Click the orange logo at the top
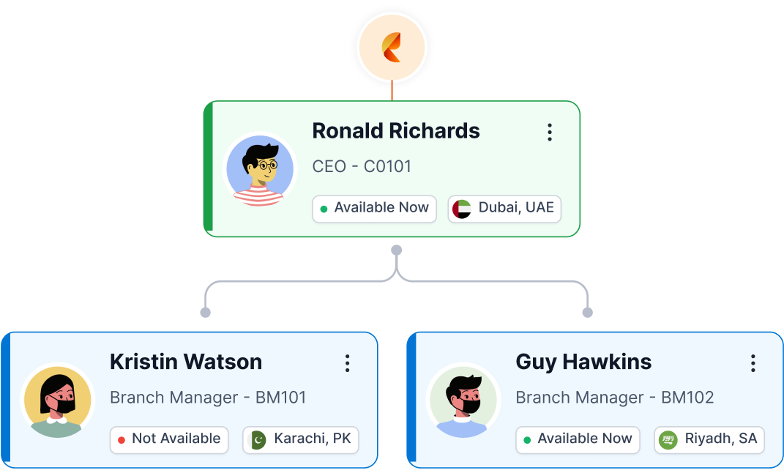[x=392, y=47]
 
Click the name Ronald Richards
[x=396, y=131]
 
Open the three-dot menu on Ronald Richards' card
[x=549, y=133]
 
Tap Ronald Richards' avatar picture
[x=260, y=170]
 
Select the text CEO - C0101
[x=362, y=167]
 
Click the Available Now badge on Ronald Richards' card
[x=374, y=209]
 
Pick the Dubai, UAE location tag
[x=504, y=209]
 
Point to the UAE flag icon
[x=462, y=209]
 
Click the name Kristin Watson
[x=186, y=362]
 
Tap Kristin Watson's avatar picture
[x=57, y=401]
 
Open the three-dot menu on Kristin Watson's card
[x=347, y=363]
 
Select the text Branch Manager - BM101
[x=208, y=398]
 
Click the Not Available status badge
[x=168, y=439]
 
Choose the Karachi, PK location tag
[x=301, y=439]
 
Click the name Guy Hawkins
[x=583, y=362]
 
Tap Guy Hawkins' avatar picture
[x=463, y=401]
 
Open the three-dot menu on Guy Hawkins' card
[x=753, y=363]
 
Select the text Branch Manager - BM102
[x=615, y=398]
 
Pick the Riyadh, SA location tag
[x=709, y=439]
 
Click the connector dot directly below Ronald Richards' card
[x=396, y=250]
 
